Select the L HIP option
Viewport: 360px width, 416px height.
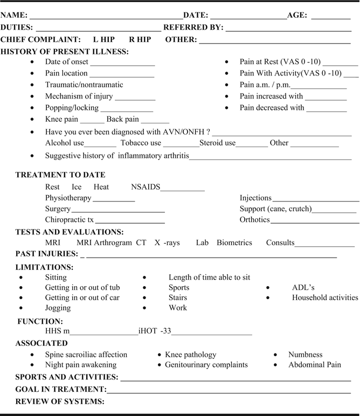pyautogui.click(x=103, y=39)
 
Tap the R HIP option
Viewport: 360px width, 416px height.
pyautogui.click(x=140, y=39)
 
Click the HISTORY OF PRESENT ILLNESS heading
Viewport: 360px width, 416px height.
pyautogui.click(x=65, y=52)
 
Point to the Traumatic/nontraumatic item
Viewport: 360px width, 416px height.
pyautogui.click(x=84, y=85)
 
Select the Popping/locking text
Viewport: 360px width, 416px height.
pyautogui.click(x=72, y=107)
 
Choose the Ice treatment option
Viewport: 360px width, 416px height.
pyautogui.click(x=77, y=187)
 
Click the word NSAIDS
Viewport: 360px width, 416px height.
pyautogui.click(x=146, y=187)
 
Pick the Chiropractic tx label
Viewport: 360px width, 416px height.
pyautogui.click(x=70, y=219)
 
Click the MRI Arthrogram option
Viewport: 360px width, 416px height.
pyautogui.click(x=104, y=242)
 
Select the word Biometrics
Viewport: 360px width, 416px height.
pyautogui.click(x=234, y=242)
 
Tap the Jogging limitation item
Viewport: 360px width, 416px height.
pyautogui.click(x=58, y=308)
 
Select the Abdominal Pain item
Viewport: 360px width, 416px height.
pyautogui.click(x=315, y=364)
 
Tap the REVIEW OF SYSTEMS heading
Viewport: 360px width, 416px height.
pyautogui.click(x=59, y=401)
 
